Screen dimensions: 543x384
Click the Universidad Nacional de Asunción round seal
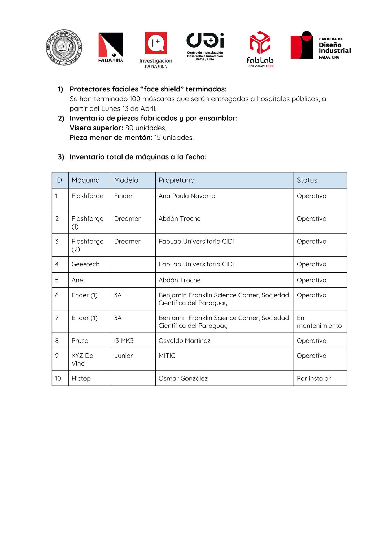[x=64, y=48]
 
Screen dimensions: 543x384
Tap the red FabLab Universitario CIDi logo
[x=260, y=49]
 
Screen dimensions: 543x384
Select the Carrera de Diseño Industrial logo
[x=320, y=45]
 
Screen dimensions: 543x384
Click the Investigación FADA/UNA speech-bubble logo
[x=156, y=50]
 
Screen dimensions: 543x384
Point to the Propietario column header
[x=177, y=180]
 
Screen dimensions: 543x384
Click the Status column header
[x=307, y=180]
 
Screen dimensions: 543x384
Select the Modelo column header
[x=126, y=180]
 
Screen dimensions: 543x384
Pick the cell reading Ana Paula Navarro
[x=187, y=196]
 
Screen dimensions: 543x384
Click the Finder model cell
[x=124, y=196]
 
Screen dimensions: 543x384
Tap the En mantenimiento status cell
[x=319, y=322]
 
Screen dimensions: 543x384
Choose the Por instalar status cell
[x=314, y=378]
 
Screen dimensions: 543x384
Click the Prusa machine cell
[x=80, y=341]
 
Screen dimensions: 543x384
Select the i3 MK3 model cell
[x=124, y=341]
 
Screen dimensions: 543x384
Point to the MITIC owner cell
[x=167, y=356]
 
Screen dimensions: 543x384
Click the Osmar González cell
[x=183, y=378]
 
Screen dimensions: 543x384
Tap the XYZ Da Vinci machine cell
[x=82, y=360]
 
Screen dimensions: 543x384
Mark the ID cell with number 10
[x=58, y=378]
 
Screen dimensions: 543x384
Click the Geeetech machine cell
[x=85, y=264]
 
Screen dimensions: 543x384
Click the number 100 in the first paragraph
[x=135, y=99]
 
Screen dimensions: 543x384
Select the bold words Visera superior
[x=96, y=128]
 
